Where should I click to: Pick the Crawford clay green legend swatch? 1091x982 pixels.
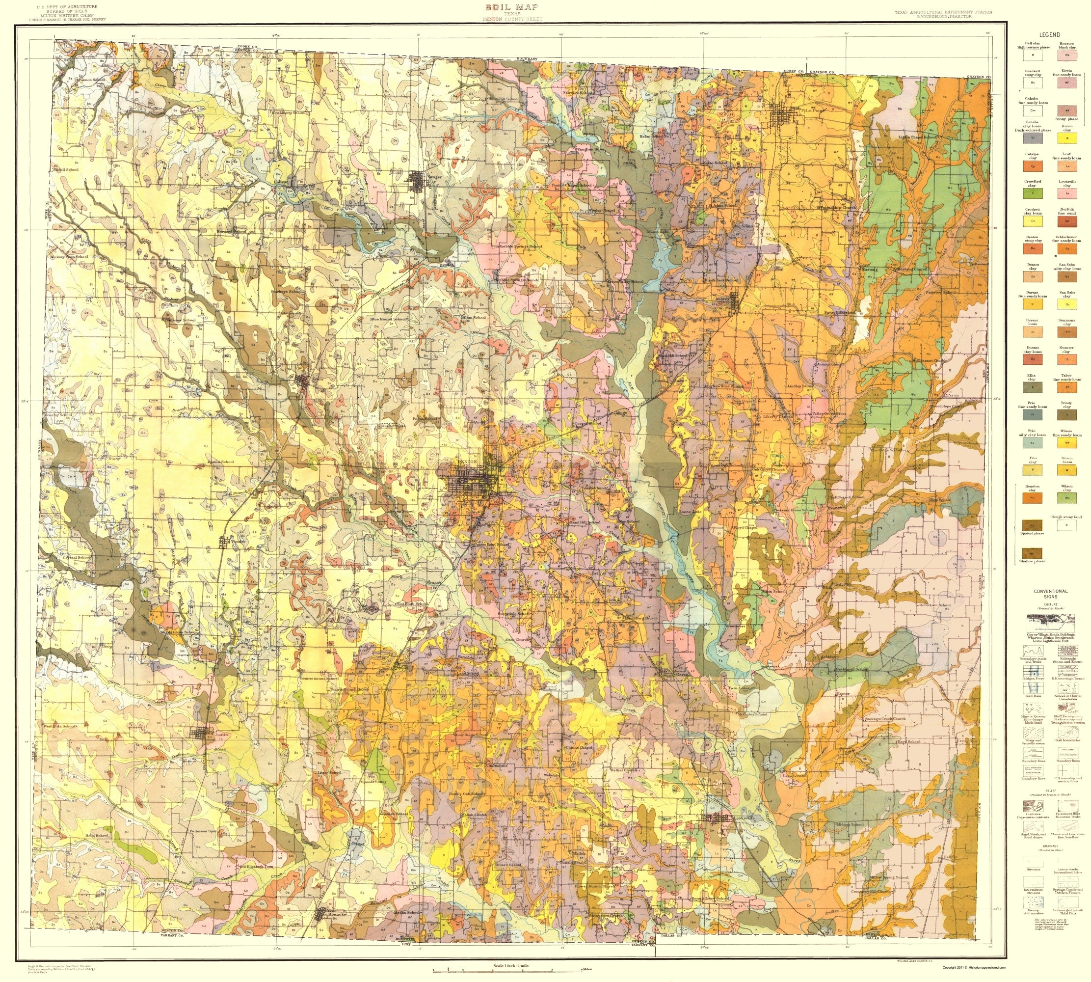coord(1032,193)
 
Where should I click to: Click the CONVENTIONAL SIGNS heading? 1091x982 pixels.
coord(1050,594)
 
